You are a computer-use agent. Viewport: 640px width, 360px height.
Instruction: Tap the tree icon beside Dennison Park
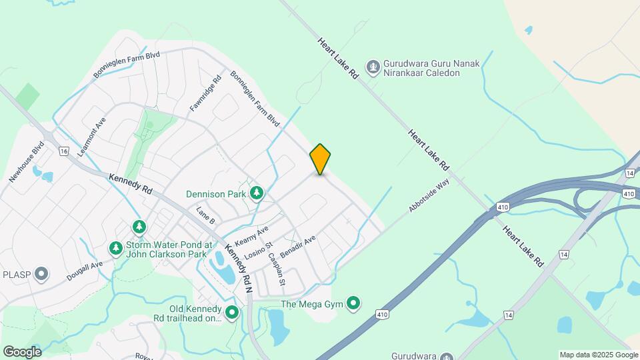click(257, 193)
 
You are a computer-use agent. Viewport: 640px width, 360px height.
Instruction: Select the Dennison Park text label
click(216, 194)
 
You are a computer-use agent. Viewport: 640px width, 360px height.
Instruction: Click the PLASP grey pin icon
click(41, 274)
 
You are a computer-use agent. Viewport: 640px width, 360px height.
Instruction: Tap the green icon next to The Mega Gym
click(353, 305)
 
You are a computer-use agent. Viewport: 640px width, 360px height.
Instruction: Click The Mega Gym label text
click(311, 305)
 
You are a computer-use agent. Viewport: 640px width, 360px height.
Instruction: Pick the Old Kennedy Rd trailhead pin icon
click(232, 312)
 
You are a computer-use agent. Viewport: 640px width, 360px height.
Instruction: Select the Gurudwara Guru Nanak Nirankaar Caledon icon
click(373, 67)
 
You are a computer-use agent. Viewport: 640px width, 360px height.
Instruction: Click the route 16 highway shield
click(64, 151)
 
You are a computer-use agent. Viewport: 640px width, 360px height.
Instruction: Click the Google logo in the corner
click(22, 351)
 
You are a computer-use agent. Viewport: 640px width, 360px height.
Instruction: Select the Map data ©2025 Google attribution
click(598, 355)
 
